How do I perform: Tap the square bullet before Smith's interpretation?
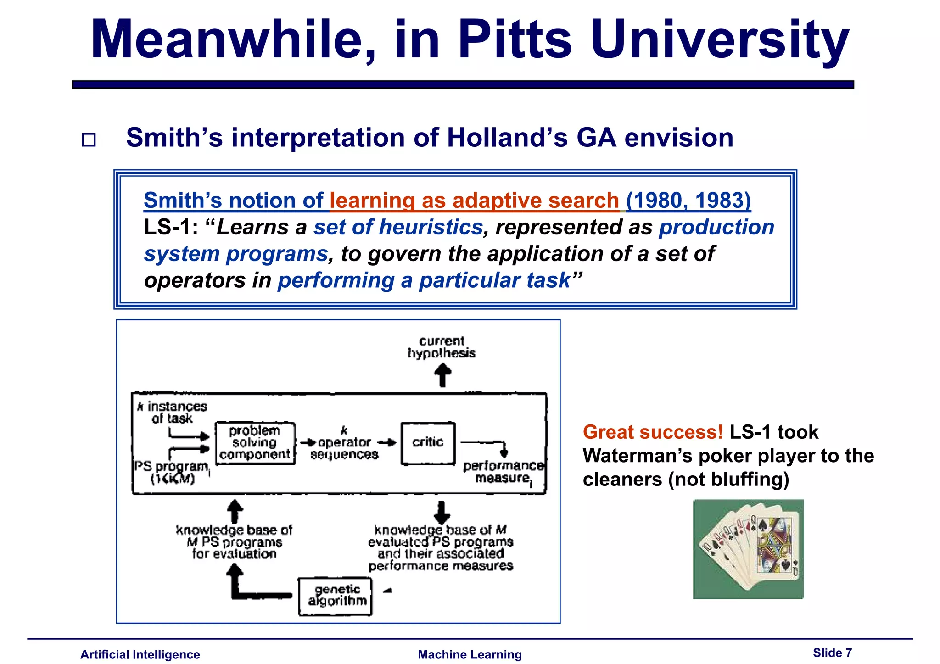[89, 139]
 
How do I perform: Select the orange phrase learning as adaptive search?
[474, 201]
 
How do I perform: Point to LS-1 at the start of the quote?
[170, 227]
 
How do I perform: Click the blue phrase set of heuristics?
[398, 227]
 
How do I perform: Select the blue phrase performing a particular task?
[424, 280]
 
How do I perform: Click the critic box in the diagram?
[428, 443]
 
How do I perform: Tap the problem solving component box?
[255, 443]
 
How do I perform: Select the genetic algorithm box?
[336, 596]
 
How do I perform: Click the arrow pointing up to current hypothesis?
[442, 375]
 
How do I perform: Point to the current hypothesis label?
[442, 347]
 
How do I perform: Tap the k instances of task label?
[173, 412]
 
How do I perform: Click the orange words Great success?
[653, 432]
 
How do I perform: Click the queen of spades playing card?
[774, 546]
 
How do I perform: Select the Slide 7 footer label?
[832, 653]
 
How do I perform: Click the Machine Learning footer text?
[470, 654]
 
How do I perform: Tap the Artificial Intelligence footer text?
[140, 654]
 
